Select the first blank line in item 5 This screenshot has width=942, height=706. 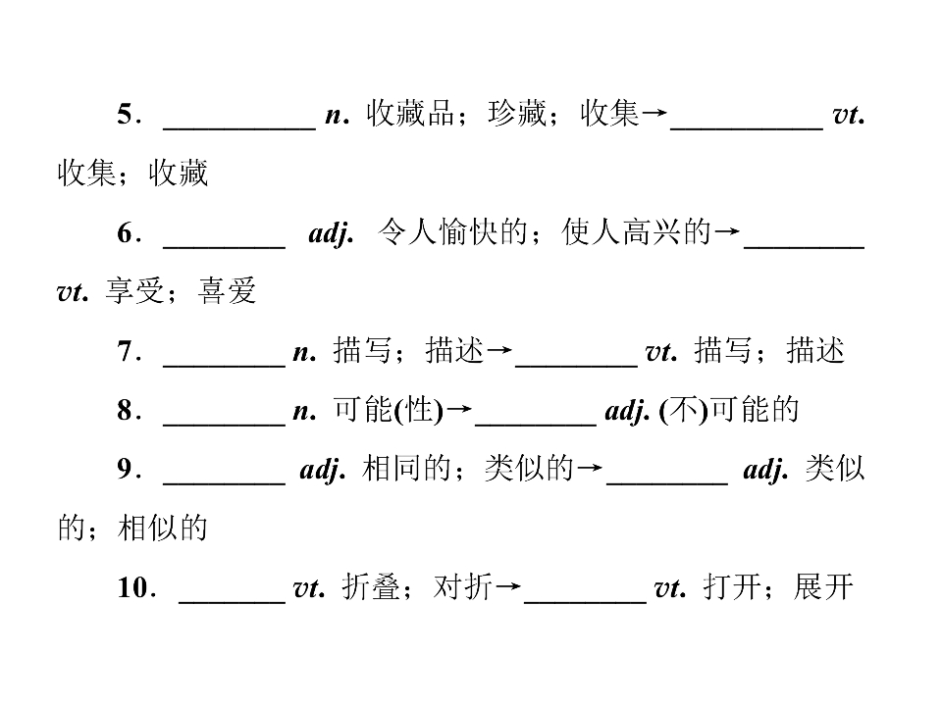pyautogui.click(x=239, y=127)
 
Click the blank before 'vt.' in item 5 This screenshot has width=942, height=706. pyautogui.click(x=747, y=127)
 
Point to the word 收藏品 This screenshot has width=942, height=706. pyautogui.click(x=410, y=114)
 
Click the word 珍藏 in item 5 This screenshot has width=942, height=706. pyautogui.click(x=517, y=114)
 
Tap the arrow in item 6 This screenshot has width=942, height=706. pyautogui.click(x=727, y=231)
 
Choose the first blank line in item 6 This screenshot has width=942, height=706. pyautogui.click(x=224, y=246)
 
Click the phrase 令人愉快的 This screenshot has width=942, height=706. pyautogui.click(x=452, y=231)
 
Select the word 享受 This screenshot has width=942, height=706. pyautogui.click(x=134, y=291)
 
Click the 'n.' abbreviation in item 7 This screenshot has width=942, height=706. pyautogui.click(x=304, y=352)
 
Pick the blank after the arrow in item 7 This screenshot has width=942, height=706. pyautogui.click(x=577, y=365)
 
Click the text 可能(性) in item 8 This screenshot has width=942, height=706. pyautogui.click(x=389, y=410)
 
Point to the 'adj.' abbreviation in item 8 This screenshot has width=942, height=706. pyautogui.click(x=627, y=411)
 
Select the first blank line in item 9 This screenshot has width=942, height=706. pyautogui.click(x=224, y=482)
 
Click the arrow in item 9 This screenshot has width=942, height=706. pyautogui.click(x=590, y=468)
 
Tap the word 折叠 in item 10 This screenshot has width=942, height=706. pyautogui.click(x=371, y=586)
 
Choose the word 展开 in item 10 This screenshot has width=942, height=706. pyautogui.click(x=823, y=586)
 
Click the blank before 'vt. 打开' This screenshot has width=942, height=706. pyautogui.click(x=585, y=601)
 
